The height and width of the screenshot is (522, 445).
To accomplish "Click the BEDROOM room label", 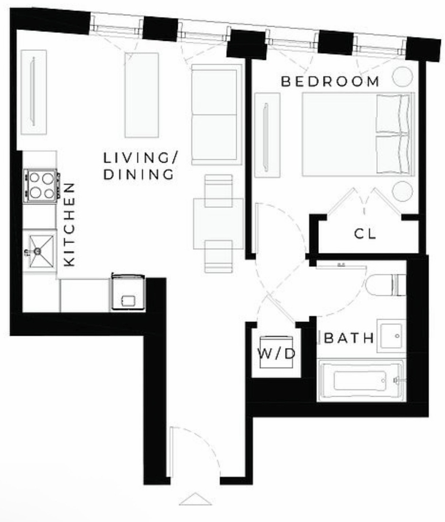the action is pyautogui.click(x=330, y=82).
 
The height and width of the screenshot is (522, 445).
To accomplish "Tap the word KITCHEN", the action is pyautogui.click(x=70, y=225).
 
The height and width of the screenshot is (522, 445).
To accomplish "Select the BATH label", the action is pyautogui.click(x=349, y=338).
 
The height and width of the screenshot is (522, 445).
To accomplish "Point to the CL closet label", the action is pyautogui.click(x=365, y=233).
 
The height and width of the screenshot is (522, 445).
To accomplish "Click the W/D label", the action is pyautogui.click(x=276, y=354).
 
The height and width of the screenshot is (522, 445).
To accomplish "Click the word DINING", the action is pyautogui.click(x=138, y=174).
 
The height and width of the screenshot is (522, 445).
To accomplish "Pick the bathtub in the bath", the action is pyautogui.click(x=361, y=380).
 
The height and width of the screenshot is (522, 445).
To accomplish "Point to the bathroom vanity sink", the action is pyautogui.click(x=391, y=336).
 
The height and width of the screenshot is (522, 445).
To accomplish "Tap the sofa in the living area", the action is pyautogui.click(x=216, y=114).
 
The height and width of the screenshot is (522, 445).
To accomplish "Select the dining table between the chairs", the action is pyautogui.click(x=218, y=223).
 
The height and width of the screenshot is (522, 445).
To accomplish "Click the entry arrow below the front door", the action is pyautogui.click(x=195, y=499).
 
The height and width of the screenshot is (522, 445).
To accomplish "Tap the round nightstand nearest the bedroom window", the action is pyautogui.click(x=402, y=76).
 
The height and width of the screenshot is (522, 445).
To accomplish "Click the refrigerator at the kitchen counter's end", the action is pyautogui.click(x=128, y=292).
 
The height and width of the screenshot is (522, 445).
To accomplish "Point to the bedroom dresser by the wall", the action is pyautogui.click(x=267, y=135).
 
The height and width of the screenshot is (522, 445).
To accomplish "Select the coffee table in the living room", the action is pyautogui.click(x=142, y=95).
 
